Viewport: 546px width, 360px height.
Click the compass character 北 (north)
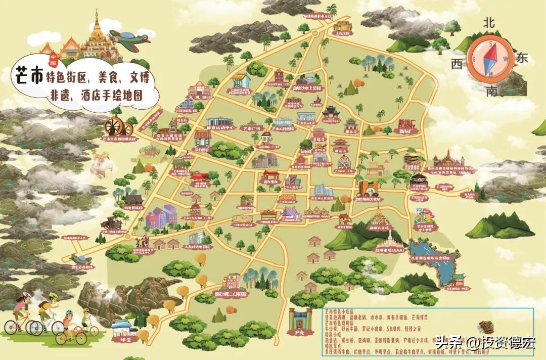[488, 22]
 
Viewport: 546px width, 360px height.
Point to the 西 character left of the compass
[457, 64]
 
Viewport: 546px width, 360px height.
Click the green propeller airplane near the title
[129, 39]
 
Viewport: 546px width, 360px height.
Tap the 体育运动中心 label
[219, 128]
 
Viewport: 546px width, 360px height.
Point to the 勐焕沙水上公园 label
[306, 87]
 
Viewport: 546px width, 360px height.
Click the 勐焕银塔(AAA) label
[388, 250]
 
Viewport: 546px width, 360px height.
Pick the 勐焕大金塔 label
[379, 228]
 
